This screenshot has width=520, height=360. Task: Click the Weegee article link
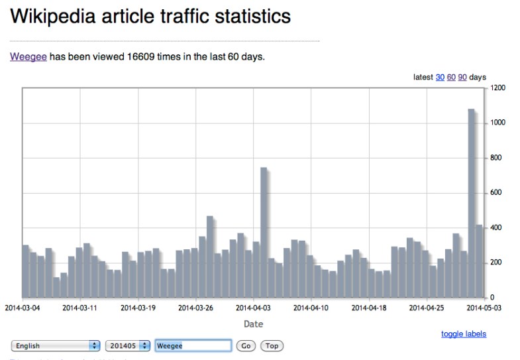coord(28,57)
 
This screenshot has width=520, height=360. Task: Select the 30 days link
coord(440,78)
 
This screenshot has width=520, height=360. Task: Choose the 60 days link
coord(451,78)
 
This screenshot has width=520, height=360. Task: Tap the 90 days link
coord(462,78)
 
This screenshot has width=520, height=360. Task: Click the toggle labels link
coord(464,334)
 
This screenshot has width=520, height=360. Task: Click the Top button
coord(272,346)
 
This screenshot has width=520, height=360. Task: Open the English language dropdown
coord(56,346)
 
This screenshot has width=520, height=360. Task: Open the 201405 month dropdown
coord(127,346)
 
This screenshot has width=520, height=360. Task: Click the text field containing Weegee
coord(193,346)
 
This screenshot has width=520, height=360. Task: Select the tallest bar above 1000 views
coord(472,203)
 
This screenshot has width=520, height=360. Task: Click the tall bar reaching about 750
coord(264,232)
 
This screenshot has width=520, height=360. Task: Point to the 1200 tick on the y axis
coord(498,88)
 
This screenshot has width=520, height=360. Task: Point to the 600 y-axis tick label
coord(496,193)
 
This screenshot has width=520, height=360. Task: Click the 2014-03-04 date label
coord(23,308)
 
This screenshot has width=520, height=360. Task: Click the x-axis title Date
coord(253,324)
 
